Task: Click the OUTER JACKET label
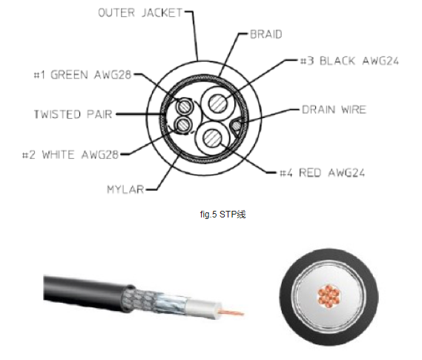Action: click(x=140, y=13)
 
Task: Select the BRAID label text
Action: click(x=266, y=34)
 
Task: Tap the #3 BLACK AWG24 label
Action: click(x=349, y=61)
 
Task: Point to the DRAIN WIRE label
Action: click(x=334, y=110)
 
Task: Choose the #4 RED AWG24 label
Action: click(x=322, y=173)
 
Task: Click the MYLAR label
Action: click(x=125, y=189)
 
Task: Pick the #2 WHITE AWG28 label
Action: click(x=70, y=155)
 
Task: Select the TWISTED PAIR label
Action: click(x=73, y=114)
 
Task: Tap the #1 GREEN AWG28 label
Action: click(x=82, y=74)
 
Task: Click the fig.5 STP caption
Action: click(x=222, y=215)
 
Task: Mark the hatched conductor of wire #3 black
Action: click(x=218, y=104)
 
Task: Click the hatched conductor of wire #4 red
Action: click(x=212, y=138)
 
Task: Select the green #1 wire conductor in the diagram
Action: click(x=185, y=106)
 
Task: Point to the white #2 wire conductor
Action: click(x=183, y=125)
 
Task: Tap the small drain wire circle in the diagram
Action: click(x=237, y=125)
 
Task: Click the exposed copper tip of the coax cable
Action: click(x=231, y=312)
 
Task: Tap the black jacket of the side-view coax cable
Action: click(x=86, y=292)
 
